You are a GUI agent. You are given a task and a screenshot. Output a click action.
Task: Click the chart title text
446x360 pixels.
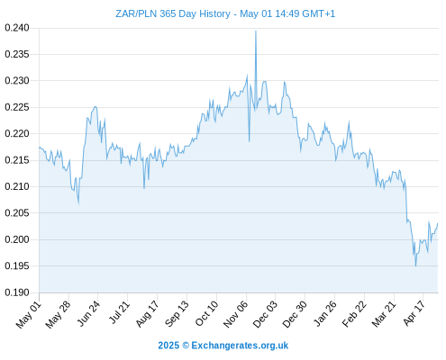point(225,13)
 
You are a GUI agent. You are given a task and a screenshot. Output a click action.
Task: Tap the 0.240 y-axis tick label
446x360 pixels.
point(17,28)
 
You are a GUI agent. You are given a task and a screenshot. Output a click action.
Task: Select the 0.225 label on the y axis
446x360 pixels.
point(17,107)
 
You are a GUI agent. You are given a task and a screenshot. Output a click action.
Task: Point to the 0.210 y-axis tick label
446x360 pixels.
point(17,186)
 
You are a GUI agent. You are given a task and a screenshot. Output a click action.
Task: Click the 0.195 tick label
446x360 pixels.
point(17,265)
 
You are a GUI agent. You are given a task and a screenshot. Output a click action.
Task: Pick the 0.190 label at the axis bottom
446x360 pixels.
point(17,292)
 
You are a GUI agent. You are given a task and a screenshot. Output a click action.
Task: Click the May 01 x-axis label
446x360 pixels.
point(28,315)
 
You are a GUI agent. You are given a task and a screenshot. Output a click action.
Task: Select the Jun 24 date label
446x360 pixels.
point(88,313)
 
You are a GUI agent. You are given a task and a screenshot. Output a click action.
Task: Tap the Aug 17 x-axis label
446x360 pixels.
point(147,314)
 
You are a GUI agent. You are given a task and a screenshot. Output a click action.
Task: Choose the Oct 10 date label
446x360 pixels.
point(206,313)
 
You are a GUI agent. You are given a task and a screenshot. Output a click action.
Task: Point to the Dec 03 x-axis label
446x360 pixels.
point(265,314)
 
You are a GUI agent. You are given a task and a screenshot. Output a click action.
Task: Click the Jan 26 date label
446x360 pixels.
point(324,313)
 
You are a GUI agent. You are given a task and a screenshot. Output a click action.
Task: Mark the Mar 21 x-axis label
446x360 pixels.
point(384,314)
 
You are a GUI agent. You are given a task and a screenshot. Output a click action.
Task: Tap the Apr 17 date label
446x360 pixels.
point(414,313)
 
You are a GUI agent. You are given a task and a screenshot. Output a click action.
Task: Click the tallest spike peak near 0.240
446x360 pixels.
point(256,31)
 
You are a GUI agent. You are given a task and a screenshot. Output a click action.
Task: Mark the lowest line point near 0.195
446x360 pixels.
point(415,265)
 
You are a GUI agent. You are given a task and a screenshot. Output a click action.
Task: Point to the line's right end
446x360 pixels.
point(438,223)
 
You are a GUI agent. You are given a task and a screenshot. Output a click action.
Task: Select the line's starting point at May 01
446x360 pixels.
point(39,148)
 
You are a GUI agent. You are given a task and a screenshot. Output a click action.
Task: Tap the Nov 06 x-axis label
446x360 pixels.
point(236,314)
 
